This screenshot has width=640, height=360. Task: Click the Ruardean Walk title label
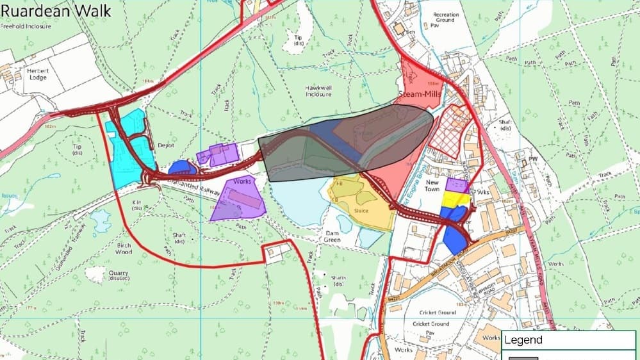pyautogui.click(x=56, y=10)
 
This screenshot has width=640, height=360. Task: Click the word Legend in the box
pyautogui.click(x=523, y=340)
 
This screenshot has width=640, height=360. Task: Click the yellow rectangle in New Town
pyautogui.click(x=456, y=199)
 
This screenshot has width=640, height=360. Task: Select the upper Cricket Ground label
pyautogui.click(x=438, y=312)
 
